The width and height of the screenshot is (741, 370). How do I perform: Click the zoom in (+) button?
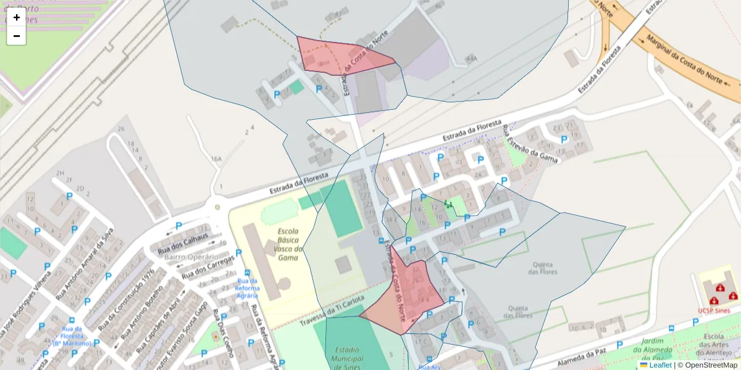(x=17, y=17)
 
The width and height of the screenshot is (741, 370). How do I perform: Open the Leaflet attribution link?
(x=660, y=365)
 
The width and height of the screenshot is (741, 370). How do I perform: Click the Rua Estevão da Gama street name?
(x=530, y=145)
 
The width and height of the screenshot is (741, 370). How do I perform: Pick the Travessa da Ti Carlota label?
(x=332, y=313)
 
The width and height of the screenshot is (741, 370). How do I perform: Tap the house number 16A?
(x=216, y=159)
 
